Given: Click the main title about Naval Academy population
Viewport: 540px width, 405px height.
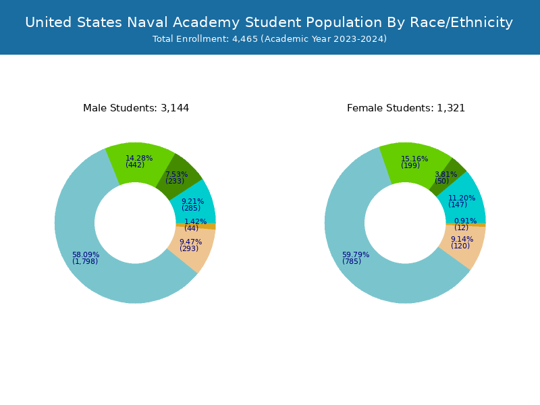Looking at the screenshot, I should [x=269, y=22].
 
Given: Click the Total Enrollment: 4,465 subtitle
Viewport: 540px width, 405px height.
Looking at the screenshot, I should [x=269, y=39].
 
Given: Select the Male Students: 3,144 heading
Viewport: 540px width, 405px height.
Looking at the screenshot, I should [x=136, y=108].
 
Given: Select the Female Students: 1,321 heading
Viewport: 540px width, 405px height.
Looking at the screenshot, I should [x=406, y=108].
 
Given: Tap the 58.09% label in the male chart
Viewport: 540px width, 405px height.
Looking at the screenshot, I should [x=86, y=255].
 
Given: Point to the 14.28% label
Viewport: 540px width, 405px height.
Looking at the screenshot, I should [x=139, y=158].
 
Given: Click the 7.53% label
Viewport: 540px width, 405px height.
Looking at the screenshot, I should [x=177, y=174].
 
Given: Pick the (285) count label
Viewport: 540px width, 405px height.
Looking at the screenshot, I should [x=191, y=208].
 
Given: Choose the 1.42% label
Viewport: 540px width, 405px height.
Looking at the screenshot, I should [x=196, y=221].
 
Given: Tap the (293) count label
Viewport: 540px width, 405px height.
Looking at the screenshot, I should [x=189, y=249].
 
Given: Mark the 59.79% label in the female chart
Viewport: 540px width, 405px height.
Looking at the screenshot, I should [x=356, y=255].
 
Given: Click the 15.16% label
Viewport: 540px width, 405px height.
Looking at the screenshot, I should [x=414, y=159].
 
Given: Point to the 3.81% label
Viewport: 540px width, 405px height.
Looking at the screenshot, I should [x=446, y=174].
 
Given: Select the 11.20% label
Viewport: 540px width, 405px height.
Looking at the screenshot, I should [x=462, y=198].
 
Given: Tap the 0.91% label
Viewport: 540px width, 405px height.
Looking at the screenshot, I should [x=465, y=221].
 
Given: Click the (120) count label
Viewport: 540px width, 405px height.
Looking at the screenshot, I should [x=460, y=246].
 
